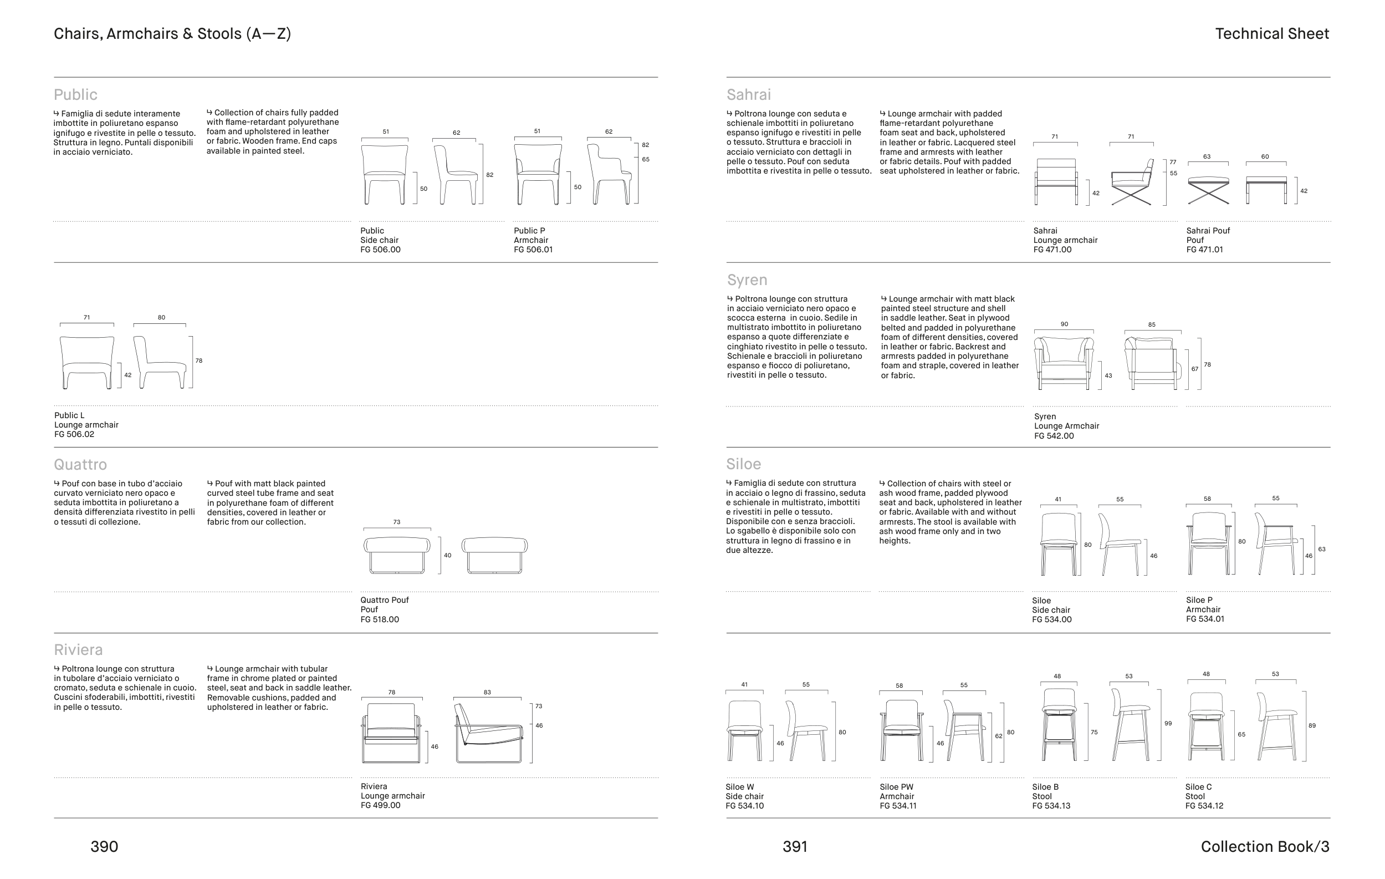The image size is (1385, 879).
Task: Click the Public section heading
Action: (75, 94)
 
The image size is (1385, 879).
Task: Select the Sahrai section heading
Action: (748, 94)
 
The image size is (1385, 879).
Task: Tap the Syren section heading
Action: (747, 280)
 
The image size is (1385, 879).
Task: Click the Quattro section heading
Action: (80, 465)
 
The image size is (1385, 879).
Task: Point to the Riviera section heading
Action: (78, 650)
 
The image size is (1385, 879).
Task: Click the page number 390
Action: (104, 847)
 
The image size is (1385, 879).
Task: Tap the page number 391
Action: (795, 847)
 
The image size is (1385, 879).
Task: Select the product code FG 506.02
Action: (74, 435)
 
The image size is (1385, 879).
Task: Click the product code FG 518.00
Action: (380, 619)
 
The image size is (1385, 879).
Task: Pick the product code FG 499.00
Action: (380, 805)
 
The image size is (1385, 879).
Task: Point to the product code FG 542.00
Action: (1054, 436)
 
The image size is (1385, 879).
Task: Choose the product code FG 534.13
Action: (1051, 806)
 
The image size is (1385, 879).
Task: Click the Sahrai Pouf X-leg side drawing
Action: (1208, 191)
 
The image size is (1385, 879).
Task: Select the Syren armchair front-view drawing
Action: (1064, 363)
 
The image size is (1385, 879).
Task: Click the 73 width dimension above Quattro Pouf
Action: (397, 522)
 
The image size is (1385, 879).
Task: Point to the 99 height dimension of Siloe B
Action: (1168, 723)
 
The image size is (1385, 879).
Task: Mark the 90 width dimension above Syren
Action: (1064, 324)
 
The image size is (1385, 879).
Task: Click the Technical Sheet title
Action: (1272, 34)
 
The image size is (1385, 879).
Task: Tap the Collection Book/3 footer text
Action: (1265, 847)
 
